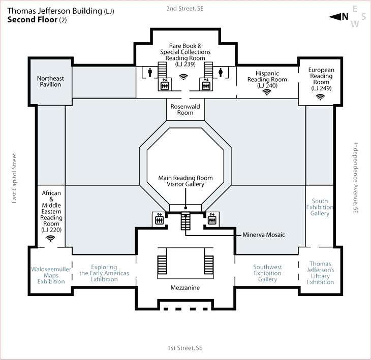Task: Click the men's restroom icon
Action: tap(150, 72)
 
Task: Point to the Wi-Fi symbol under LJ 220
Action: tap(51, 238)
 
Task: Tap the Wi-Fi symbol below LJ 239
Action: tap(183, 77)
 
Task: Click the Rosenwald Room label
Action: tap(185, 109)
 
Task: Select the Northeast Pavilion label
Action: tap(50, 81)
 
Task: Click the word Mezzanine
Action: tap(185, 288)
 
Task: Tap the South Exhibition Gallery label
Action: tap(320, 207)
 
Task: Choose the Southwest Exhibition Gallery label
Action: tap(267, 273)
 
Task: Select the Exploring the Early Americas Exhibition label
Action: tap(104, 273)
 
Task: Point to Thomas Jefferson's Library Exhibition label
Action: tap(320, 273)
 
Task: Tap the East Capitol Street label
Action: tap(15, 179)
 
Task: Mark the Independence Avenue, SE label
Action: tap(356, 177)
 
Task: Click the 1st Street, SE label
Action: tap(185, 348)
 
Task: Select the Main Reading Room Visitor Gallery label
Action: tap(185, 181)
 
